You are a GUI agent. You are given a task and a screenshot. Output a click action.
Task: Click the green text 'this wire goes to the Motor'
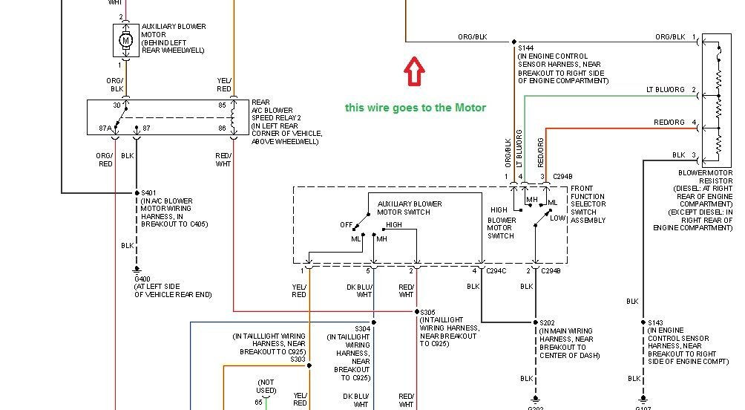pyautogui.click(x=416, y=108)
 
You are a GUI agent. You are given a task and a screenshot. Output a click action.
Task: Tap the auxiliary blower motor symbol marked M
pyautogui.click(x=125, y=40)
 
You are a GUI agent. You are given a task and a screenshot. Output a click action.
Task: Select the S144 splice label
pyautogui.click(x=526, y=48)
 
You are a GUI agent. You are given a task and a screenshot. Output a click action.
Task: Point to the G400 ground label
pyautogui.click(x=142, y=279)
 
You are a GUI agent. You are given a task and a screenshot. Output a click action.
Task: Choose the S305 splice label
pyautogui.click(x=429, y=312)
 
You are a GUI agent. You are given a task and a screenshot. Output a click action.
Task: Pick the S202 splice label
pyautogui.click(x=548, y=322)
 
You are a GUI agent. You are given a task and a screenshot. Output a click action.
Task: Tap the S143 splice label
pyautogui.click(x=656, y=322)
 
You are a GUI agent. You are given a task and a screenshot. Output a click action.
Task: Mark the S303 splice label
pyautogui.click(x=298, y=359)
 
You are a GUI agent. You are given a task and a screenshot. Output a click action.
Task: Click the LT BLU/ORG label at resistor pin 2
pyautogui.click(x=667, y=90)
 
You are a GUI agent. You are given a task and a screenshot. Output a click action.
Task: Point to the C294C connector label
pyautogui.click(x=496, y=270)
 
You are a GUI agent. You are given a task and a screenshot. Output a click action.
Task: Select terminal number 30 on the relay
pyautogui.click(x=117, y=105)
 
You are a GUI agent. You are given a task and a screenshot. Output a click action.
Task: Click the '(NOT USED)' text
pyautogui.click(x=266, y=385)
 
